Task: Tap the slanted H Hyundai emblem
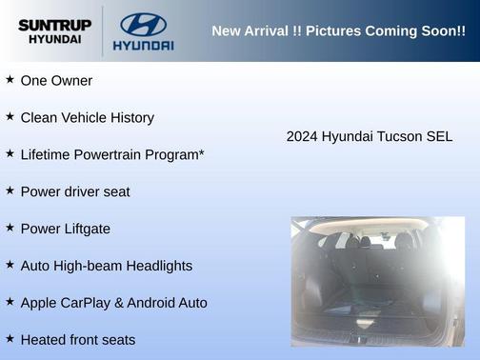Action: pyautogui.click(x=143, y=23)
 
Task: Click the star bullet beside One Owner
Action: pyautogui.click(x=10, y=80)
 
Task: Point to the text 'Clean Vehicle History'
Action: pyautogui.click(x=87, y=118)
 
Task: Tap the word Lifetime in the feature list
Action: pyautogui.click(x=46, y=154)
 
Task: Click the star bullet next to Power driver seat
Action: pyautogui.click(x=10, y=190)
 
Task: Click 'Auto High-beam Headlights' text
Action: pyautogui.click(x=106, y=266)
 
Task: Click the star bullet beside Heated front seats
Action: pyautogui.click(x=10, y=339)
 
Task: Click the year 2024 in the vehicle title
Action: pyautogui.click(x=302, y=137)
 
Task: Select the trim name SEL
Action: pyautogui.click(x=438, y=137)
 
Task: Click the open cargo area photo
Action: pyautogui.click(x=377, y=281)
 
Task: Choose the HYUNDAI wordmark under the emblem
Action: pyautogui.click(x=143, y=45)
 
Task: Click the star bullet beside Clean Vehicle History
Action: pyautogui.click(x=10, y=117)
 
